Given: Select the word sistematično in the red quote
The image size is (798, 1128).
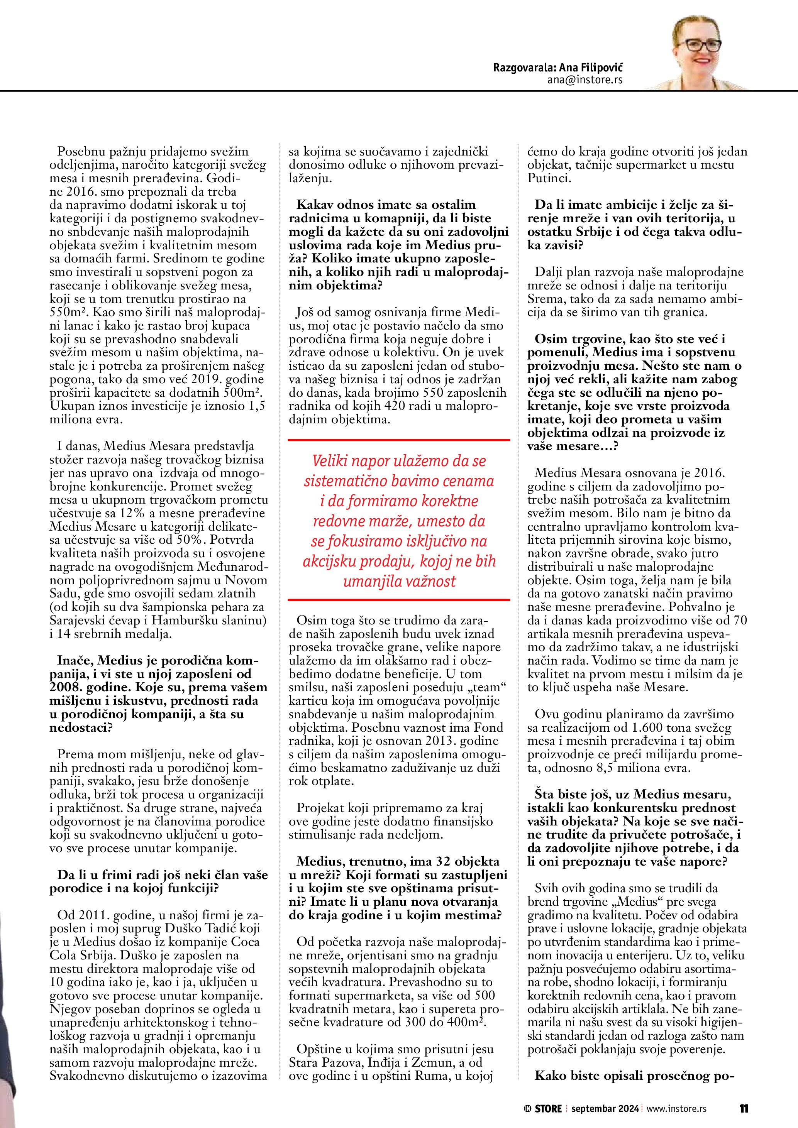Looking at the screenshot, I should pos(339,481).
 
